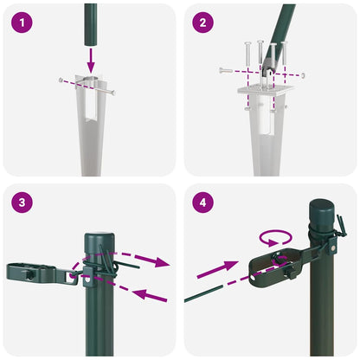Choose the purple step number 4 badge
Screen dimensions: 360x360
[204, 204]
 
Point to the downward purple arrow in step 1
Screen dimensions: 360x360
[91, 58]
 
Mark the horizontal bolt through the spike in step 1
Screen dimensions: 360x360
[87, 84]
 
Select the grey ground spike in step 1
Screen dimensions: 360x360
[90, 130]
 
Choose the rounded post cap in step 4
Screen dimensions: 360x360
[323, 212]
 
